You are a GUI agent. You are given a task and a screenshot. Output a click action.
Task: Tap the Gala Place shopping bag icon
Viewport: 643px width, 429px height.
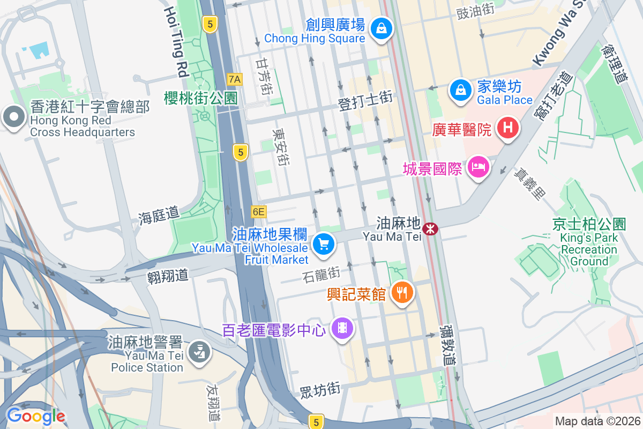pyautogui.click(x=460, y=89)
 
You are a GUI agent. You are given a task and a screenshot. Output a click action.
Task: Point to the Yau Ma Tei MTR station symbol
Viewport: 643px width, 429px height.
pyautogui.click(x=430, y=230)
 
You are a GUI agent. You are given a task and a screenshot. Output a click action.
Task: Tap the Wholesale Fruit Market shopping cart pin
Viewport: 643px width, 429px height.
pyautogui.click(x=323, y=245)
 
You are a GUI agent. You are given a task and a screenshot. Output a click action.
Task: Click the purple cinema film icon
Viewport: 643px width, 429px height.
pyautogui.click(x=342, y=327)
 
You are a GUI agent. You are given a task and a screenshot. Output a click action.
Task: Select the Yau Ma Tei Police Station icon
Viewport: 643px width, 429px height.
pyautogui.click(x=200, y=352)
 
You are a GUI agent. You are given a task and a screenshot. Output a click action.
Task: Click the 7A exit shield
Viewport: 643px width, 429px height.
pyautogui.click(x=235, y=79)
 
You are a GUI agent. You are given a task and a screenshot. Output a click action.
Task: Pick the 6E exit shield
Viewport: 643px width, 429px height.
pyautogui.click(x=258, y=212)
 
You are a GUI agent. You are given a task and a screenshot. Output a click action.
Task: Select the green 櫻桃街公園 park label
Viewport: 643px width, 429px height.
pyautogui.click(x=201, y=98)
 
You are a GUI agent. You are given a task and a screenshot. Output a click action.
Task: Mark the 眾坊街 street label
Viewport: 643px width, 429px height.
pyautogui.click(x=319, y=390)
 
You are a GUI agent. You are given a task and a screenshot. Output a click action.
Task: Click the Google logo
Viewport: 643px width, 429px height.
pyautogui.click(x=35, y=416)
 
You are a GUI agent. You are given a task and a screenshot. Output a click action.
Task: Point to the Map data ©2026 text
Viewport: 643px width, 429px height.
pyautogui.click(x=597, y=421)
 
